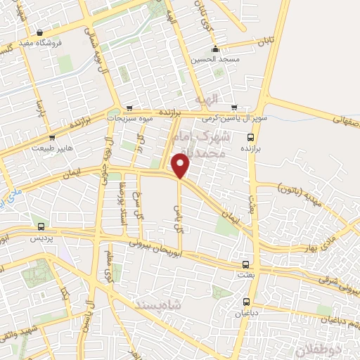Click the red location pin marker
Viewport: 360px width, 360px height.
point(181,166)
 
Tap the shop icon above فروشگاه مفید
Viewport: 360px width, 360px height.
point(41,32)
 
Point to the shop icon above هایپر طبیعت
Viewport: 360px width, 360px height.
point(53,138)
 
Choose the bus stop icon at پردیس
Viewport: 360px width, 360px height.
point(41,228)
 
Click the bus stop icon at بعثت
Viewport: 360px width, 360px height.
point(245,265)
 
